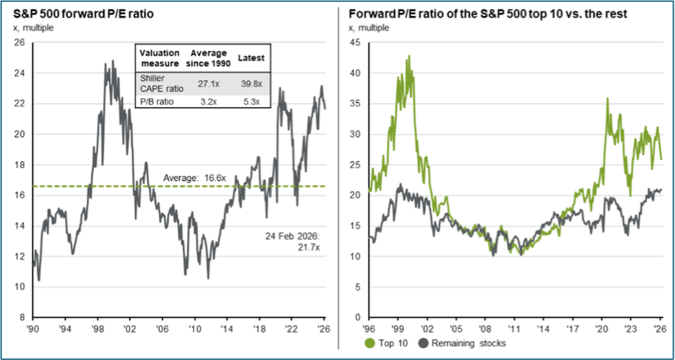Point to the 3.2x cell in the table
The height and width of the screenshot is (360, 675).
tap(208, 102)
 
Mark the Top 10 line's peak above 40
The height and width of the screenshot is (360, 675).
tap(408, 56)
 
